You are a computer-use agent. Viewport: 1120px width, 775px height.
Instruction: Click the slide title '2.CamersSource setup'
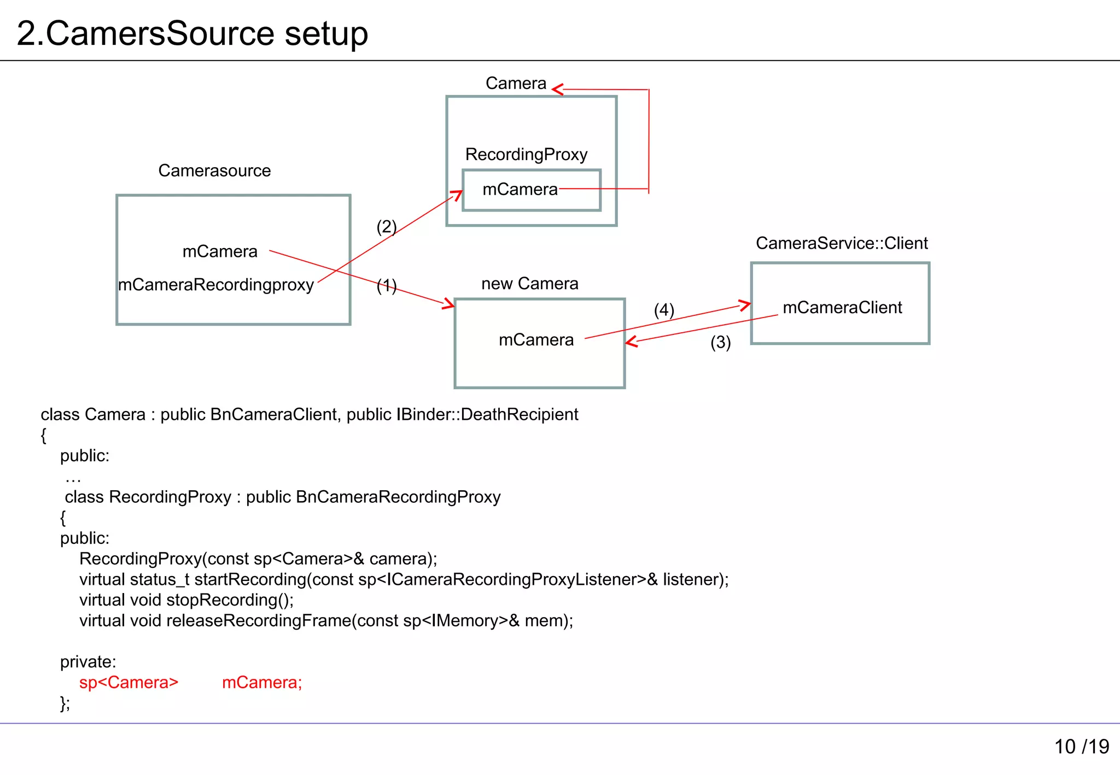click(x=192, y=34)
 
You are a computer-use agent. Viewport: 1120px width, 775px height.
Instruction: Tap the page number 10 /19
click(x=1081, y=747)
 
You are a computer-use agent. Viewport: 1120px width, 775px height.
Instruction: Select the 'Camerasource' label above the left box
click(x=214, y=171)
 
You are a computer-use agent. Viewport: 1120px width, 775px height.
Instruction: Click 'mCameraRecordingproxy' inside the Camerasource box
click(x=216, y=285)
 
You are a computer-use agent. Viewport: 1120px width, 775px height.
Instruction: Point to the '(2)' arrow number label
click(x=386, y=226)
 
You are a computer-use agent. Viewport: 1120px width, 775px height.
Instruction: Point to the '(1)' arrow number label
click(x=386, y=285)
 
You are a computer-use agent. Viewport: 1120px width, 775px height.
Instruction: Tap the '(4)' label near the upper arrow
click(x=664, y=310)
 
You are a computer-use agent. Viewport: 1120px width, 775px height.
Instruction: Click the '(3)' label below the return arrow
click(x=720, y=343)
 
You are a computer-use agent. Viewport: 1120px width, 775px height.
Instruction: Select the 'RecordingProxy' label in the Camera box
click(x=526, y=155)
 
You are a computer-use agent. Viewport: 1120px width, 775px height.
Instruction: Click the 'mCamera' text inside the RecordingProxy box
click(x=520, y=190)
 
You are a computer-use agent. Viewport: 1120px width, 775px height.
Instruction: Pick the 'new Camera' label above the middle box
click(x=529, y=284)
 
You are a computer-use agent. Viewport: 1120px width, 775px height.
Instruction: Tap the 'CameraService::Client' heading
click(x=842, y=243)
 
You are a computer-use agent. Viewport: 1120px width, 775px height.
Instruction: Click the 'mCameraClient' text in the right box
click(x=842, y=308)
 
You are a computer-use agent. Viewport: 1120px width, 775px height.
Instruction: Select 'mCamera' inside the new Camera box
click(x=536, y=340)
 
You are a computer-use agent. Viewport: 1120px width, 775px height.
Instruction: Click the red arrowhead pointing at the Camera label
click(x=558, y=89)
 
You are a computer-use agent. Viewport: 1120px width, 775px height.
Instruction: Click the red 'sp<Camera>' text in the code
click(x=129, y=683)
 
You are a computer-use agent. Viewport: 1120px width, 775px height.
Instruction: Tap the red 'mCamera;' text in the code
click(x=262, y=683)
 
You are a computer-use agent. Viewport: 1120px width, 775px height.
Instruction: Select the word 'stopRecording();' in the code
click(x=230, y=600)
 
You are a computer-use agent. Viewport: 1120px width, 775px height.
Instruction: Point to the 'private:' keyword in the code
click(x=88, y=662)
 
